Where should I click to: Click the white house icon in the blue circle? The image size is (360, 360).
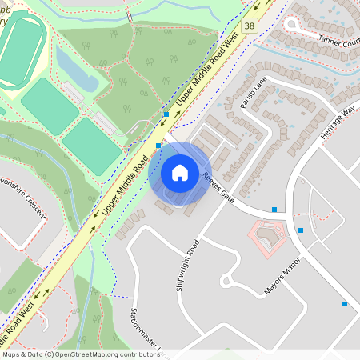point(180,172)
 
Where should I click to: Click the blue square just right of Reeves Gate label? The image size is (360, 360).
point(274,210)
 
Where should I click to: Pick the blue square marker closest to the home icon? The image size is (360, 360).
point(159,146)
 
